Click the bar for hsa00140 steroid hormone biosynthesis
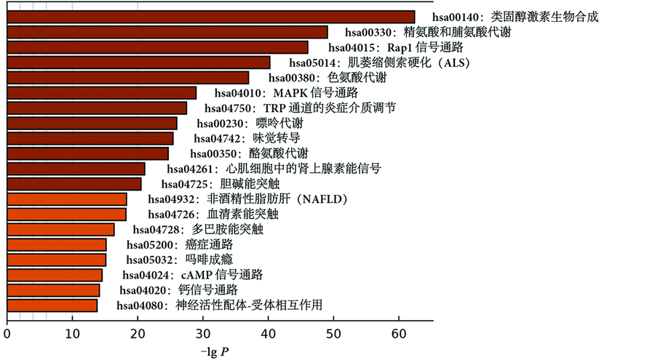coord(211,17)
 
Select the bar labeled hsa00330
coord(167,32)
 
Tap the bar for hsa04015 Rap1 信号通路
coord(157,47)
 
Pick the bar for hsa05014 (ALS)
coord(138,63)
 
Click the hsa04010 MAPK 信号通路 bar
coord(102,92)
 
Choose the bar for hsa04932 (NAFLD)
coord(67,199)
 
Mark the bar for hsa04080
coord(52,305)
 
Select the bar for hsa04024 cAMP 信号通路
coord(55,275)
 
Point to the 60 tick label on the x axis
coord(399,335)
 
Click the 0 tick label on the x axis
coord(7,335)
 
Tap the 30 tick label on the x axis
coord(203,335)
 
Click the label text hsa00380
coord(295,78)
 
